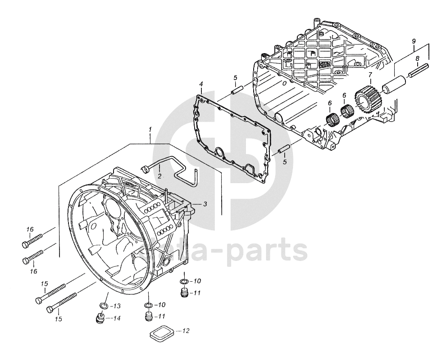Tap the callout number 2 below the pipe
coord(160,175)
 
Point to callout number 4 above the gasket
coord(201,84)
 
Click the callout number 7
coord(370,75)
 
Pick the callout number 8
coord(417,58)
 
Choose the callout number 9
coord(414,41)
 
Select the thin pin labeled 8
coord(417,70)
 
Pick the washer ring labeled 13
coord(103,306)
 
